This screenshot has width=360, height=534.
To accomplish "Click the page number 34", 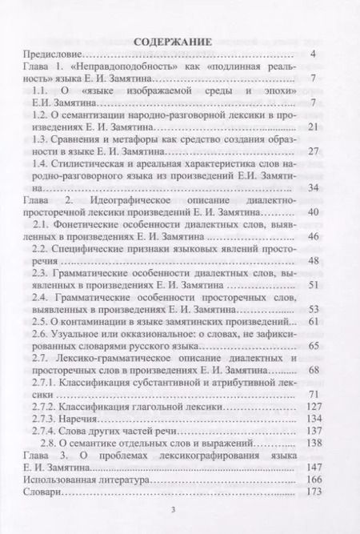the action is [x=313, y=187].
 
